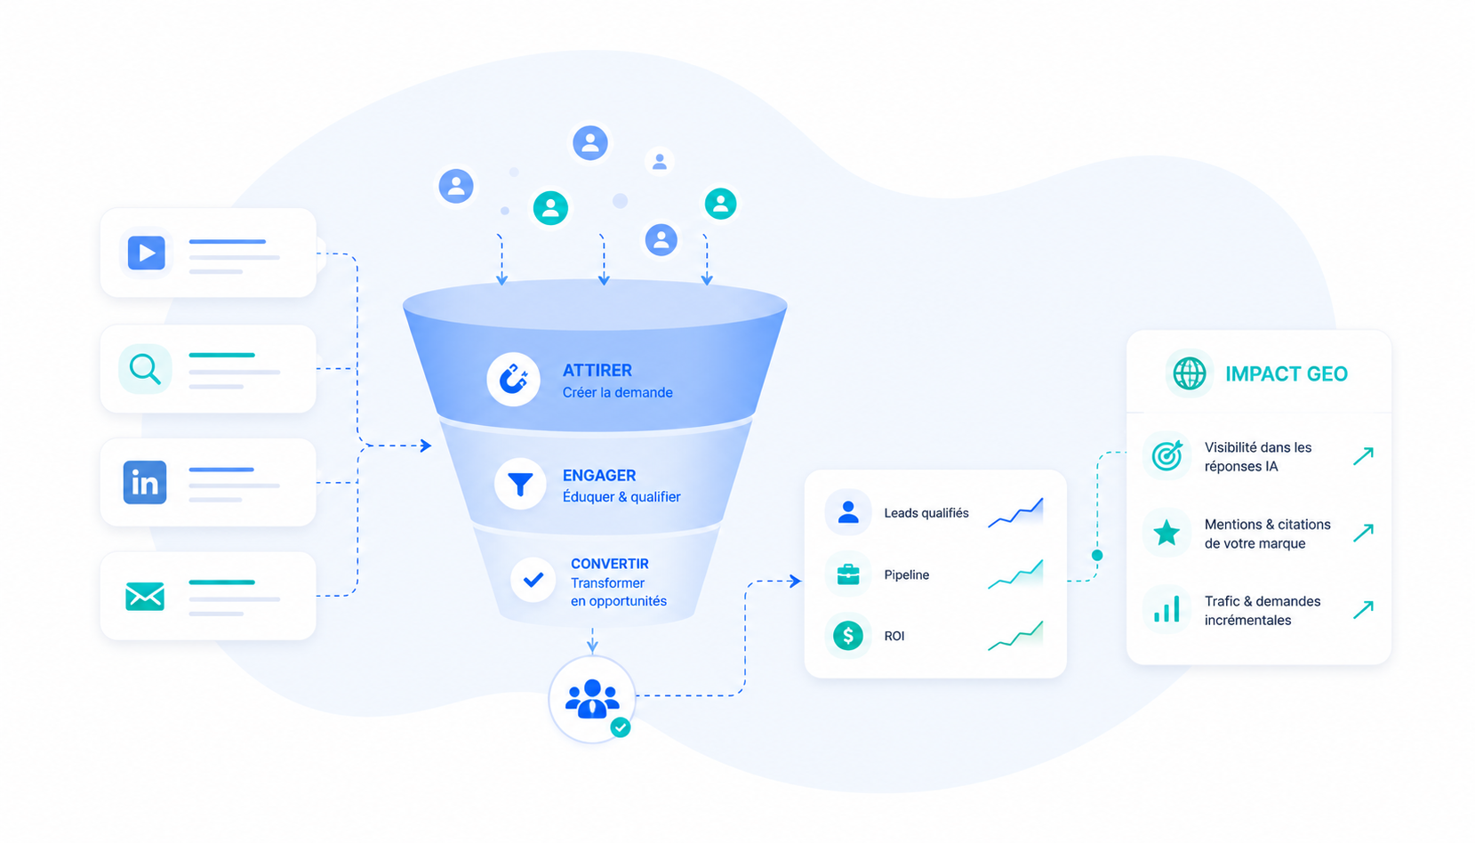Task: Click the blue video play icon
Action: pos(146,253)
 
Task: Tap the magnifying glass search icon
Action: pos(145,369)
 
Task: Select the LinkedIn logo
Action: pos(145,483)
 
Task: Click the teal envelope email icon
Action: pos(145,596)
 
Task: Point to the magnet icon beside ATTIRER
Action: pos(514,380)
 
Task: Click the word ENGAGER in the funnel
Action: pos(599,476)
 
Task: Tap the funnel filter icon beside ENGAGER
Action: pos(520,484)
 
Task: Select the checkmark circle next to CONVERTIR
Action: pos(533,580)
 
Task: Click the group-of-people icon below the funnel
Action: pos(593,698)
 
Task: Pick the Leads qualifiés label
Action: pos(926,513)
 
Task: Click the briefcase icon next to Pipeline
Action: pos(848,574)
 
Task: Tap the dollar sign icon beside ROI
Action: pos(848,636)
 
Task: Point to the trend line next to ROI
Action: pos(1015,636)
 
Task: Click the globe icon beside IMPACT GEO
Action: pos(1190,373)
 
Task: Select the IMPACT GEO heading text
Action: pos(1287,374)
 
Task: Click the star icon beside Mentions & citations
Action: pos(1166,533)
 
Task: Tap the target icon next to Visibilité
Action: pos(1166,455)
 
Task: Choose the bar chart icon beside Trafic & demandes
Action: pos(1166,610)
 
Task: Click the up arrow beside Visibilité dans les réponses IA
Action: pos(1364,456)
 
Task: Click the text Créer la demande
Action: pos(618,392)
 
